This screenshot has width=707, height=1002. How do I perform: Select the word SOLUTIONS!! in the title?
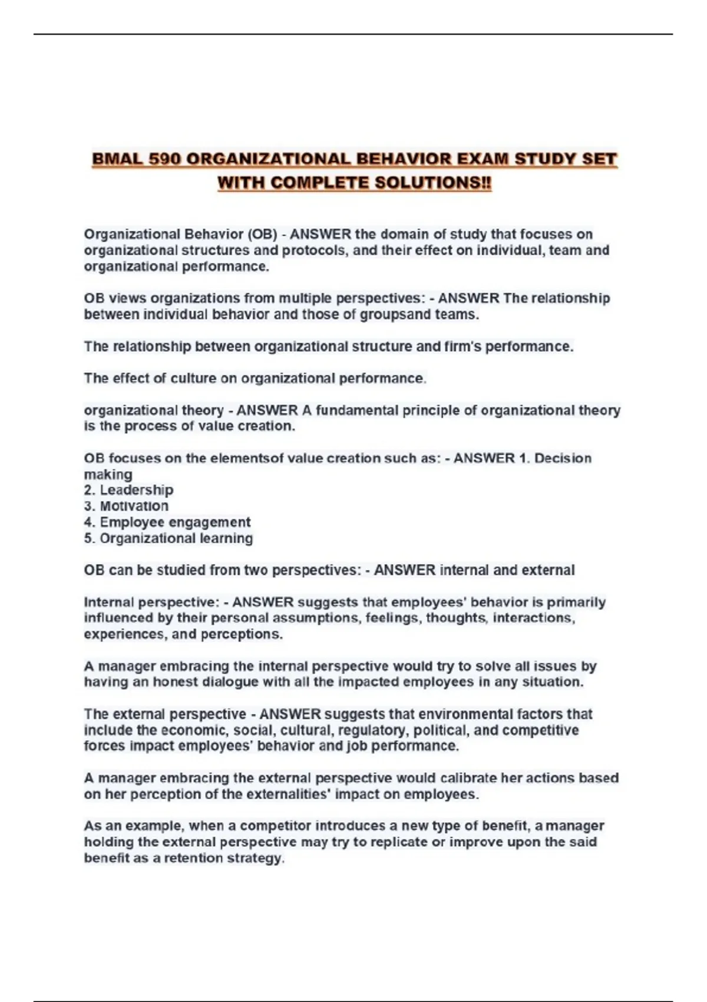(x=433, y=183)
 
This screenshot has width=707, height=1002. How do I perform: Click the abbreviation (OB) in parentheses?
(x=262, y=235)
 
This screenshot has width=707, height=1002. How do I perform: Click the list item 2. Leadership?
(x=129, y=490)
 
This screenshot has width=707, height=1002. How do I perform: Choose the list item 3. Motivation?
(x=126, y=506)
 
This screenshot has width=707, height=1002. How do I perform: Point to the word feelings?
(x=393, y=618)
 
